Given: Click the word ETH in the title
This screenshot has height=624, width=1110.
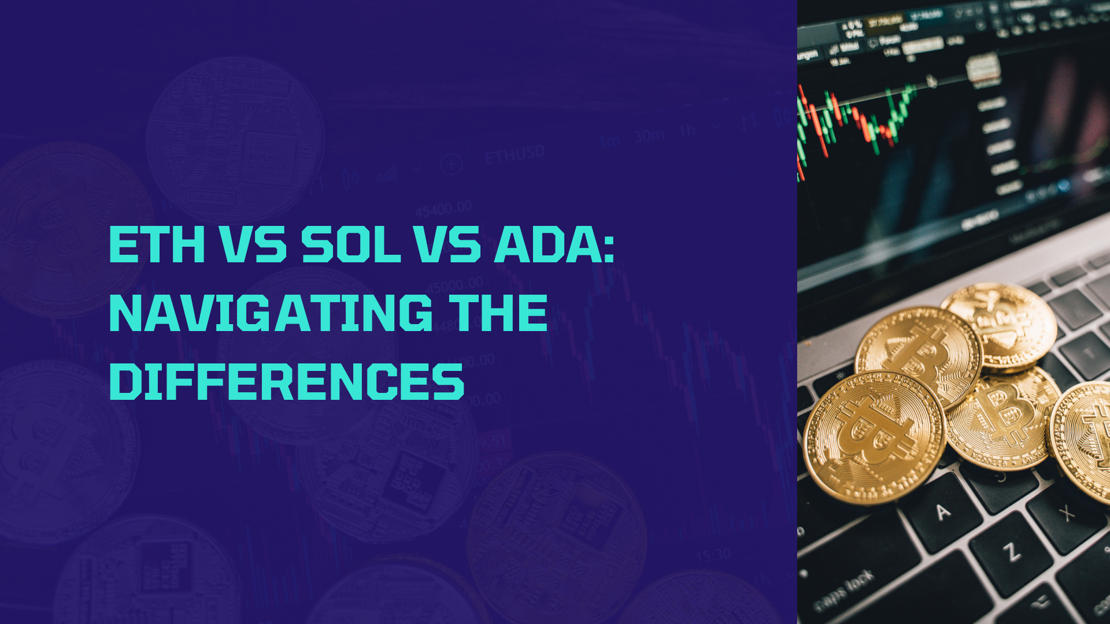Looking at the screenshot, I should click(157, 245).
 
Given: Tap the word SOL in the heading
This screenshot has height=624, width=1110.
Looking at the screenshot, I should click(351, 245).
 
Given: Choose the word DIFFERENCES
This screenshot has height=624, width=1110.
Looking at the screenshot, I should click(287, 381).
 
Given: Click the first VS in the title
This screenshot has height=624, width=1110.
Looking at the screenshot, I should click(253, 245).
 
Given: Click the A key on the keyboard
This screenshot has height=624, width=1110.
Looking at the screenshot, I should click(943, 512).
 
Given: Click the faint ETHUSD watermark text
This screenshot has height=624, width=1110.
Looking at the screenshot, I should click(515, 155).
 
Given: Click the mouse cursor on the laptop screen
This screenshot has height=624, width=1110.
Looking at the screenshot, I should click(931, 81).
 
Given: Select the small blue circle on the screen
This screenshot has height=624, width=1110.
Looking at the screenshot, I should click(1064, 185).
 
